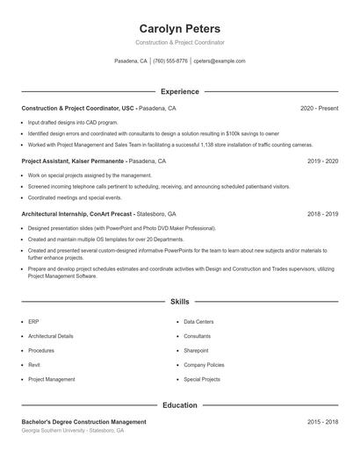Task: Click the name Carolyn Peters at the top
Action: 180,29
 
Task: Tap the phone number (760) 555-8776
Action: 170,61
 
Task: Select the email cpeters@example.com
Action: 219,61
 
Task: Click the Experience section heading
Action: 180,91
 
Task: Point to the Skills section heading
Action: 180,301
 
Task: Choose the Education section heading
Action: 180,405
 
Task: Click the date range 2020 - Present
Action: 319,108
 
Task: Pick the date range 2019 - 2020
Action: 322,161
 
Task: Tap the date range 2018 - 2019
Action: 322,214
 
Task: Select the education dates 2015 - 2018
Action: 322,422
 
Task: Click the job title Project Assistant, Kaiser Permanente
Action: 74,161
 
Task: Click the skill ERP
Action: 33,322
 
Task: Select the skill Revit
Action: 34,365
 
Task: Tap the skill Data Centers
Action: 198,322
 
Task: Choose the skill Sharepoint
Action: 196,351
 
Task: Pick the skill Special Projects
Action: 202,380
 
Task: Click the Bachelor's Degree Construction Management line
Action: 83,422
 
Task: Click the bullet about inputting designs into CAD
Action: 73,123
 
